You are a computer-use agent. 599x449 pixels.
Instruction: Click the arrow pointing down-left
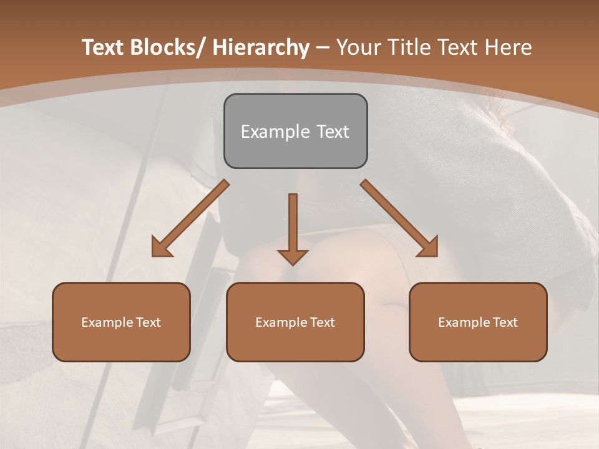pos(193,216)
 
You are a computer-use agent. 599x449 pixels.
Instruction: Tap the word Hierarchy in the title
pos(260,47)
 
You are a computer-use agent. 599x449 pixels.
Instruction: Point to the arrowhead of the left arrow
pos(161,248)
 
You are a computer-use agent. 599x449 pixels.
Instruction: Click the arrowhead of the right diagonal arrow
pos(429,248)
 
